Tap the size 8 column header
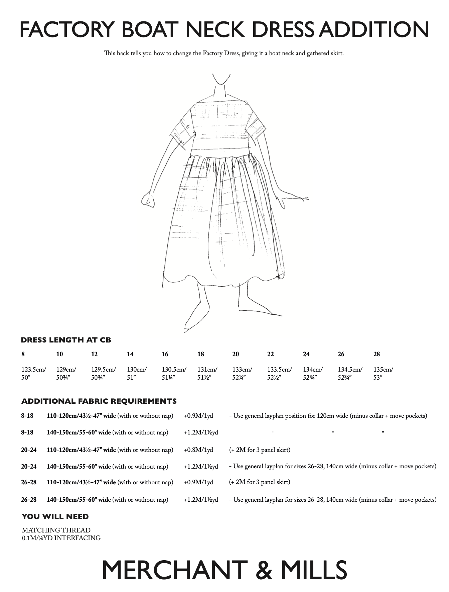coord(23,354)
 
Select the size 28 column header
coord(377,354)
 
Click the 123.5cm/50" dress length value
coord(33,374)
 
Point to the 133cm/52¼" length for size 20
coord(242,374)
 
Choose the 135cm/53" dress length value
coord(383,374)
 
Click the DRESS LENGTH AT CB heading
coord(66,340)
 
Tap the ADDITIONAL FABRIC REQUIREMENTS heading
coord(99,401)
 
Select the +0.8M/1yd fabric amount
coord(198,450)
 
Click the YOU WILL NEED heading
coord(55,517)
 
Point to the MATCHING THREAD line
coord(56,530)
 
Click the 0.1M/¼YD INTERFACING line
coord(61,538)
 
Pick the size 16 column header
coord(165,354)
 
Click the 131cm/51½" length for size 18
coord(207,374)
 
